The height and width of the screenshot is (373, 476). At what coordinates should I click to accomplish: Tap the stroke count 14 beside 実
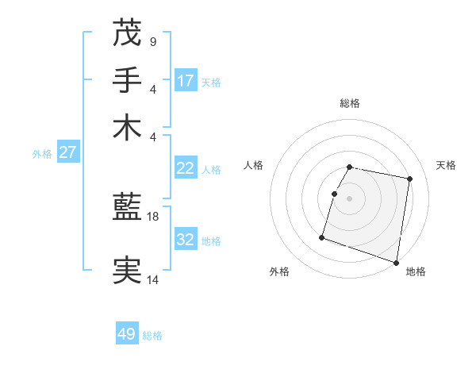click(x=153, y=279)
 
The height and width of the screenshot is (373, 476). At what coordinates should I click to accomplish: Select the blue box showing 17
click(x=186, y=80)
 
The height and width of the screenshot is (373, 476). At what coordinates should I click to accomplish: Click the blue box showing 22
click(x=186, y=168)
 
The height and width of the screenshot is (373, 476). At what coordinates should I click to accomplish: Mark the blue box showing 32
click(x=186, y=240)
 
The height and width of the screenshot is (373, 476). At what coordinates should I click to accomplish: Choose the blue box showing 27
click(x=67, y=152)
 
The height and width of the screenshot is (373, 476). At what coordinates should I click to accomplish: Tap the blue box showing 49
click(x=127, y=334)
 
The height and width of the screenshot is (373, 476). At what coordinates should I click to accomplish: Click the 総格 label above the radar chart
click(x=350, y=103)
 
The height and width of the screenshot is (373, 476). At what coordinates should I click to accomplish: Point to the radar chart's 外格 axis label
click(x=279, y=271)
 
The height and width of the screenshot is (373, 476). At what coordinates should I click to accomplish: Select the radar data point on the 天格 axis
click(x=409, y=179)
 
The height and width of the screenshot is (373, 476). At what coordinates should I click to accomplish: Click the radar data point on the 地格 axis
click(x=396, y=262)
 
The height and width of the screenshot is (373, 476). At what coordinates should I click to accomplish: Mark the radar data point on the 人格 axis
click(x=335, y=194)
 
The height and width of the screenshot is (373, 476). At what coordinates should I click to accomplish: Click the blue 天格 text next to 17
click(x=211, y=82)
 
